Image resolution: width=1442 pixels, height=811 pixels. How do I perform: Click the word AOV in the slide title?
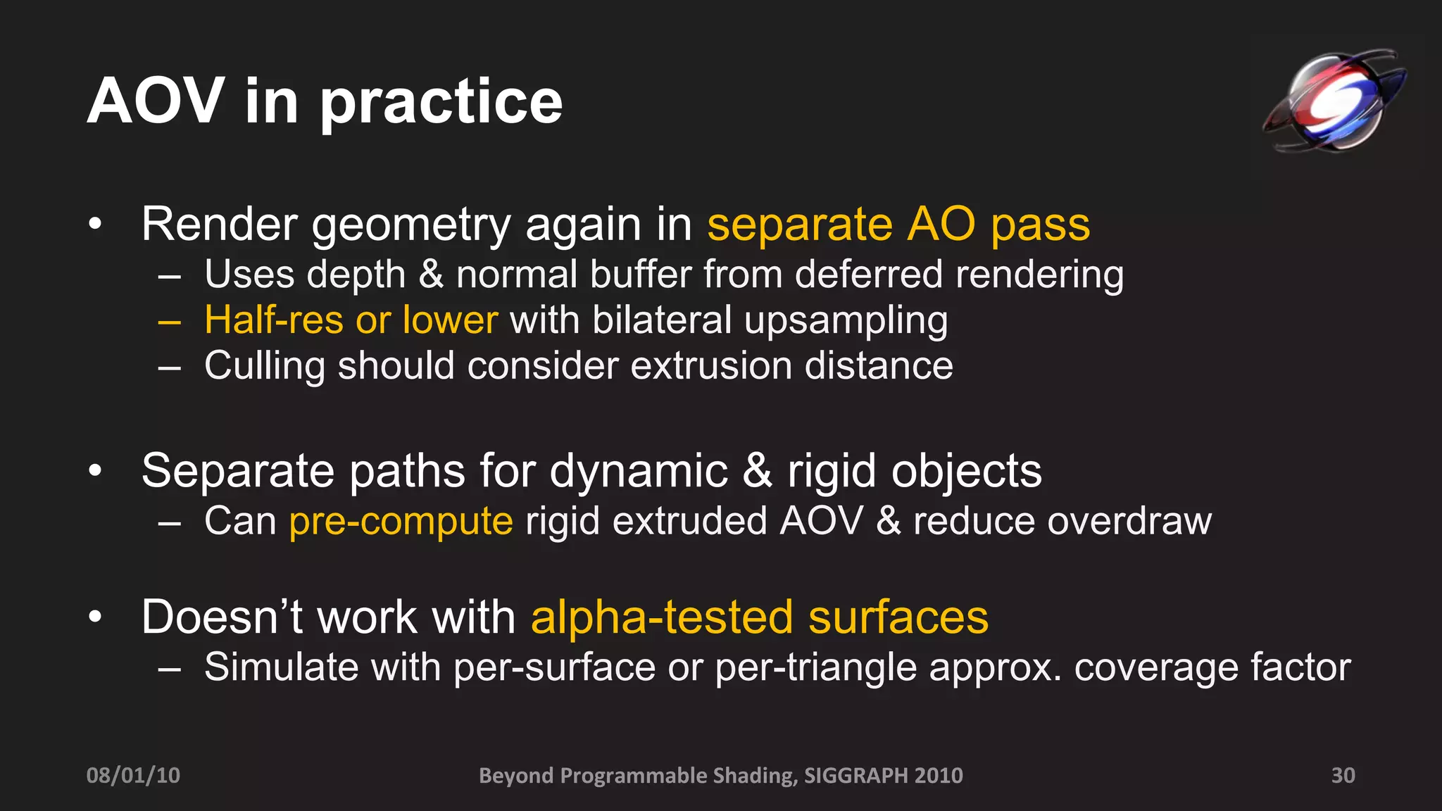tap(156, 102)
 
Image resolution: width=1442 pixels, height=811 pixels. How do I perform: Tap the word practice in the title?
tap(441, 103)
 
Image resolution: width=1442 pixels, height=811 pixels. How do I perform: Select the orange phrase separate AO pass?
tap(898, 225)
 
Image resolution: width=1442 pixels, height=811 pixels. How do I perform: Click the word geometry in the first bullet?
tap(410, 227)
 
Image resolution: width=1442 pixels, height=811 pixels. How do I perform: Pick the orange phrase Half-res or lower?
tap(351, 320)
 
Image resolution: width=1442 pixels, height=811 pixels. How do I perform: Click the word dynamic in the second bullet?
tap(639, 471)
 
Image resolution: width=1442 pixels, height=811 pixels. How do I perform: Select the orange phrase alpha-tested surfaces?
tap(759, 617)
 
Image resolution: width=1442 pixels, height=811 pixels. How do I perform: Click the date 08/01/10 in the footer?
tap(133, 775)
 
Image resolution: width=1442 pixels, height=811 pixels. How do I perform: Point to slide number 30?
tap(1343, 775)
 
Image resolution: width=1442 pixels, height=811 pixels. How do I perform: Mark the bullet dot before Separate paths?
tap(96, 470)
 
